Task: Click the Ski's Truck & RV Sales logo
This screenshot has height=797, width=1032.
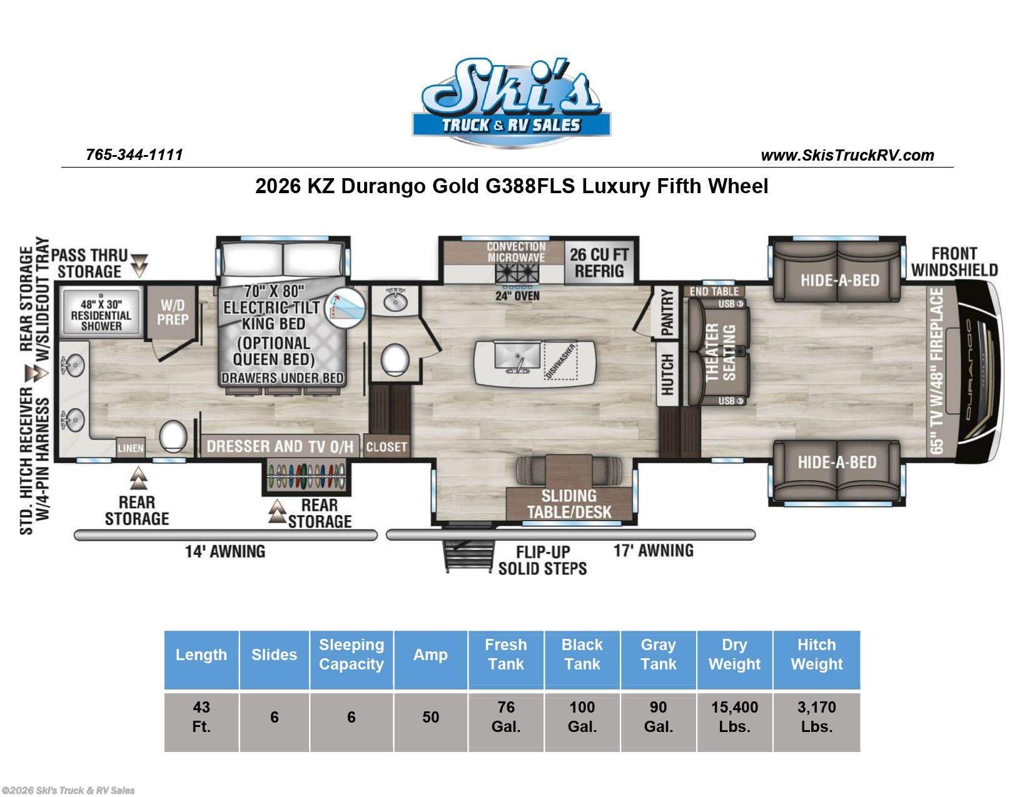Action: [511, 101]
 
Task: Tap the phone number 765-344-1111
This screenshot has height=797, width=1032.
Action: [134, 155]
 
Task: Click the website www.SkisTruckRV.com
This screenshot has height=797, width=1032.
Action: [847, 155]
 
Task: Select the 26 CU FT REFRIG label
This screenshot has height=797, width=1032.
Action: [599, 263]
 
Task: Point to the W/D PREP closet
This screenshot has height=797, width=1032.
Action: [173, 312]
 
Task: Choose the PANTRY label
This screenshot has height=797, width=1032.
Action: [667, 312]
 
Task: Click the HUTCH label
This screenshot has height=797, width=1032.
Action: [667, 374]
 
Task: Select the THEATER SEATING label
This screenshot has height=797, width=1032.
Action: [720, 352]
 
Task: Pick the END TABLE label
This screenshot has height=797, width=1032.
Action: [714, 291]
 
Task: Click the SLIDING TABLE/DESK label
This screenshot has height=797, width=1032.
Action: [569, 504]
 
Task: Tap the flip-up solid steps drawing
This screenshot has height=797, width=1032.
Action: [468, 554]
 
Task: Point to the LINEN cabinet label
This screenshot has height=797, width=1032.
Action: [130, 448]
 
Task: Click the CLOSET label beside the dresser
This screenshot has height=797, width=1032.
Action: [386, 446]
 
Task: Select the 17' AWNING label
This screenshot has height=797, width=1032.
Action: [653, 550]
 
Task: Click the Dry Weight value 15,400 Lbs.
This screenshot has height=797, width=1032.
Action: [734, 717]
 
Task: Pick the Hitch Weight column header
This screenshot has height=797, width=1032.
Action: [816, 654]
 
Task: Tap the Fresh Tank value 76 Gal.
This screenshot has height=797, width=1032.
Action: [506, 717]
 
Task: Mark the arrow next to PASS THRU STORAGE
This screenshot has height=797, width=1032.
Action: [139, 265]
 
